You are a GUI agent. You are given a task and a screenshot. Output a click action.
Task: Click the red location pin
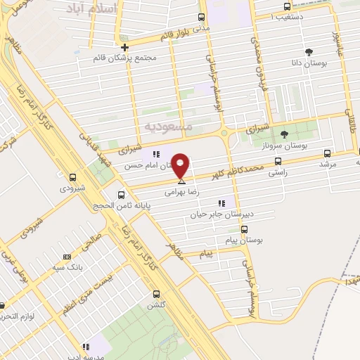pos(181,165)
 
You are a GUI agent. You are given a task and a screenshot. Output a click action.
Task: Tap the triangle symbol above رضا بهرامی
pos(181,182)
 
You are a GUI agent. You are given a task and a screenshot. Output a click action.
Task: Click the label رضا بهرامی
pos(181,191)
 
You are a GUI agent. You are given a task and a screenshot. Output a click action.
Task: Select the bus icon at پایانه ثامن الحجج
pos(122,195)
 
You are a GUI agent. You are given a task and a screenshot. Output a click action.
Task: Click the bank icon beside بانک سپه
pos(67,257)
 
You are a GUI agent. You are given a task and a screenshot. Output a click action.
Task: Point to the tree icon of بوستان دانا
pos(308,51)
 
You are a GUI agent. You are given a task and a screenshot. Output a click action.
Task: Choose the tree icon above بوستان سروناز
pos(284,134)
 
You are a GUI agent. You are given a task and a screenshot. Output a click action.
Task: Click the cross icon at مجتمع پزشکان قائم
pos(124,47)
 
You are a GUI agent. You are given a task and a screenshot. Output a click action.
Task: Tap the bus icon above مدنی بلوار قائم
pos(202,17)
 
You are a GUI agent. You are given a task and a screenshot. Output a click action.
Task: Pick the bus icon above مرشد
pos(326,153)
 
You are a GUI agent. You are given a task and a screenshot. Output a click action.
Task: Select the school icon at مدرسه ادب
pos(86,347)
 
